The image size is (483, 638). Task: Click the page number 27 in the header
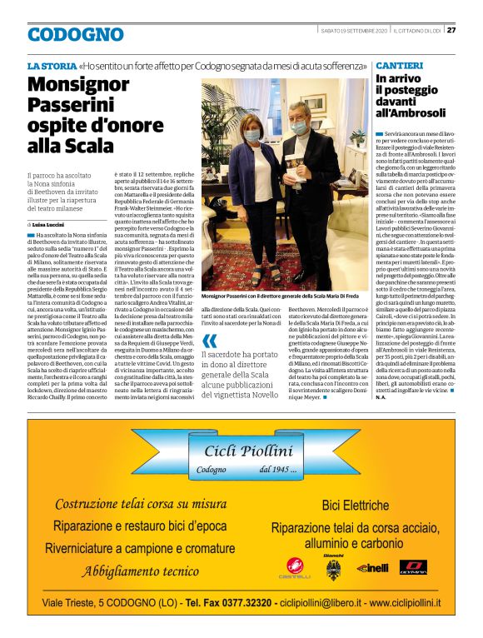coord(451,30)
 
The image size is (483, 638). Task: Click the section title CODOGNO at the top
coord(75,35)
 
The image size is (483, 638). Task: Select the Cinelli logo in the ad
coord(372,567)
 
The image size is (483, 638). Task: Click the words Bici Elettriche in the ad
coord(356,505)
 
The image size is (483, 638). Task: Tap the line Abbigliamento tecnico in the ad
coord(140,571)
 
